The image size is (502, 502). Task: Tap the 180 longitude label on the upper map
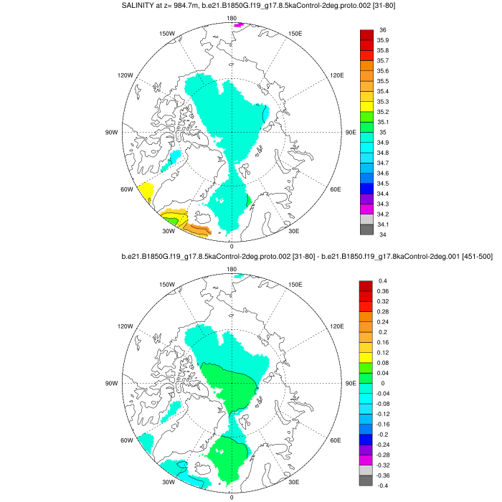pos(232,18)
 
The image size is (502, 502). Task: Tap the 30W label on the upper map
pos(169,231)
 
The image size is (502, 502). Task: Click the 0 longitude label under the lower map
pos(232,497)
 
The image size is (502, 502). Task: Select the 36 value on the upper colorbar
pos(382,30)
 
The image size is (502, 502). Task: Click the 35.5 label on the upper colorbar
pos(384,81)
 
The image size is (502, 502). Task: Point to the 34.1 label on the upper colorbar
pos(384,224)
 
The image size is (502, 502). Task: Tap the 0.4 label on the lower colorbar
pos(383,280)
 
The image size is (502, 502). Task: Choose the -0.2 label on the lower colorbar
pos(385,435)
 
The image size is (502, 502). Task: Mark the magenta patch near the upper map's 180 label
pos(239,24)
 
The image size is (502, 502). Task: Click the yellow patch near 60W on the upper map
pos(146,191)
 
